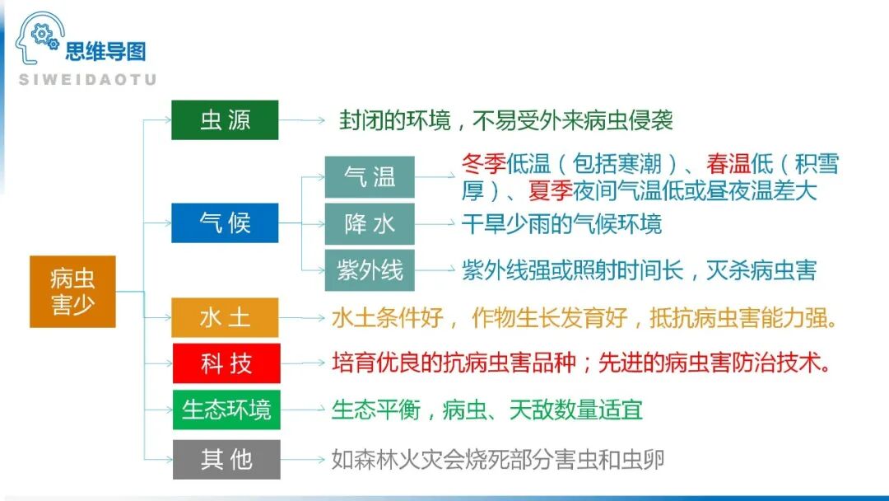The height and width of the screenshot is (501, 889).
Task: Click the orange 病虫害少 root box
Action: click(x=72, y=292)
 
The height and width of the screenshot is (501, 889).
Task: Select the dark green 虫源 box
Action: click(x=225, y=120)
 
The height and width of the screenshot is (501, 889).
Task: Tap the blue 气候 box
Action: click(x=225, y=222)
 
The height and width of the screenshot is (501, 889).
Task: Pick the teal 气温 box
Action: click(x=370, y=177)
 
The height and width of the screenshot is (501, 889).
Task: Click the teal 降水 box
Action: click(x=370, y=223)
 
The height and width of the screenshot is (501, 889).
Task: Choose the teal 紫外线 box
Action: click(x=370, y=269)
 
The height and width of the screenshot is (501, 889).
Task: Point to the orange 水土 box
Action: click(x=225, y=318)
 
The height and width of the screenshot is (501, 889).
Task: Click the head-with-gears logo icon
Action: click(x=38, y=40)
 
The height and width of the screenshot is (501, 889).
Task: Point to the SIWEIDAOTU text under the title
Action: click(x=86, y=79)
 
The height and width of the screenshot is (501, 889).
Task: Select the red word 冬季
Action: click(x=484, y=164)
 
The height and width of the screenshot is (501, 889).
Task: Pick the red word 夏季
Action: click(x=550, y=191)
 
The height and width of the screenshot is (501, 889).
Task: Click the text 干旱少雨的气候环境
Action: click(x=561, y=223)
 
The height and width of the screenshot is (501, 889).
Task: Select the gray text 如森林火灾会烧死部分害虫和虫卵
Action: click(x=497, y=459)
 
